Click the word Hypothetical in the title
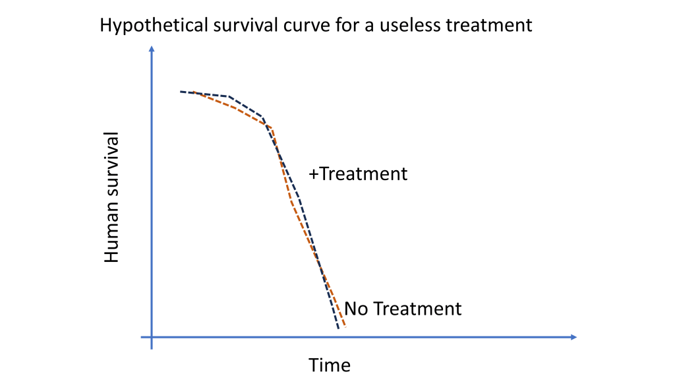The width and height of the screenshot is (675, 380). click(154, 26)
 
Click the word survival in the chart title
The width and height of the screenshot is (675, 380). click(246, 25)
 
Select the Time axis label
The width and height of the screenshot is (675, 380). click(330, 365)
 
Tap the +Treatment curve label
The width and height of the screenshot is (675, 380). click(358, 174)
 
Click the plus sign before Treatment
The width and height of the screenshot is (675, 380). click(313, 174)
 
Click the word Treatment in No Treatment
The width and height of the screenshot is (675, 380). click(417, 309)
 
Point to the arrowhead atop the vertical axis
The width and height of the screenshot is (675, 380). click(152, 49)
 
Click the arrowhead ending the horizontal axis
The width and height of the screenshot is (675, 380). click(573, 337)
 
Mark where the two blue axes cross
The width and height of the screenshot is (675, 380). click(152, 337)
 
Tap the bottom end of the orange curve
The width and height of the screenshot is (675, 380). click(345, 327)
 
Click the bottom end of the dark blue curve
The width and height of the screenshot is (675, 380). click(338, 329)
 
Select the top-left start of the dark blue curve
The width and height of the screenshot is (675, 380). click(181, 91)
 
